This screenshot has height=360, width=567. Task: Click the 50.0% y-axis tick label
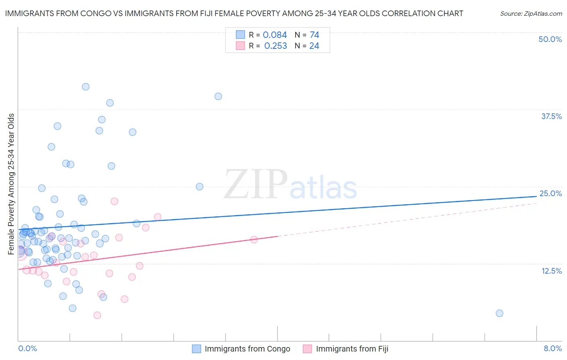pyautogui.click(x=550, y=39)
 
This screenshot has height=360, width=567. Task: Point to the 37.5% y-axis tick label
pyautogui.click(x=551, y=116)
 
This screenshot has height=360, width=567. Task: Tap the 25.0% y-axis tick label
pyautogui.click(x=550, y=193)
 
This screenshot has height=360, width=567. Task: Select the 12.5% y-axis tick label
pyautogui.click(x=551, y=271)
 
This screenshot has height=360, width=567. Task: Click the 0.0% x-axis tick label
pyautogui.click(x=27, y=348)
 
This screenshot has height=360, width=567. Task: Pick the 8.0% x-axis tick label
pyautogui.click(x=552, y=348)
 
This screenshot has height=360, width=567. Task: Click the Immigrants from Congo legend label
pyautogui.click(x=247, y=349)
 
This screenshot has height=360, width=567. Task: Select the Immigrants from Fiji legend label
pyautogui.click(x=352, y=349)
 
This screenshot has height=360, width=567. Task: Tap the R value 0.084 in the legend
pyautogui.click(x=275, y=35)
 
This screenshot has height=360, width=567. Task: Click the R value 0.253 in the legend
pyautogui.click(x=275, y=46)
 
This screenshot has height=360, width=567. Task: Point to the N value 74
pyautogui.click(x=314, y=35)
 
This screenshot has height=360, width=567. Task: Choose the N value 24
pyautogui.click(x=314, y=46)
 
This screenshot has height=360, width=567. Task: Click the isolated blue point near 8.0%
pyautogui.click(x=499, y=313)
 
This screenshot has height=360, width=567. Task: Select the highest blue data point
pyautogui.click(x=85, y=87)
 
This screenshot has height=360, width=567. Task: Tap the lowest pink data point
pyautogui.click(x=97, y=315)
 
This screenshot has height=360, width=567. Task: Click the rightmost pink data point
pyautogui.click(x=254, y=239)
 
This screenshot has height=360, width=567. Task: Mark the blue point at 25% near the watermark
pyautogui.click(x=199, y=186)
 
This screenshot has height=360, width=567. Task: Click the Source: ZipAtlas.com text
pyautogui.click(x=531, y=14)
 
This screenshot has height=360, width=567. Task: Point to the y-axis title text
pyautogui.click(x=11, y=184)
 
